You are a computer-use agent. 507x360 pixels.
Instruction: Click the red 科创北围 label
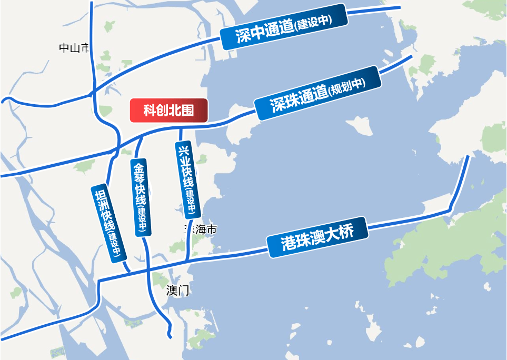click(169, 111)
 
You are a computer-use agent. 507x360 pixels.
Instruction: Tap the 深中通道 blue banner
click(283, 27)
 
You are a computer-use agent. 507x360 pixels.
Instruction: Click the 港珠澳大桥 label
click(317, 237)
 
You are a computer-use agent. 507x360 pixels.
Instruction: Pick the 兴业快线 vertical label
click(187, 179)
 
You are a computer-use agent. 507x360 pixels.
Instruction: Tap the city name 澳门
click(177, 291)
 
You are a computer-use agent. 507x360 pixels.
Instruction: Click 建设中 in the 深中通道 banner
click(313, 22)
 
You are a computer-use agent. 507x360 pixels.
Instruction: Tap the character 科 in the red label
click(149, 111)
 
